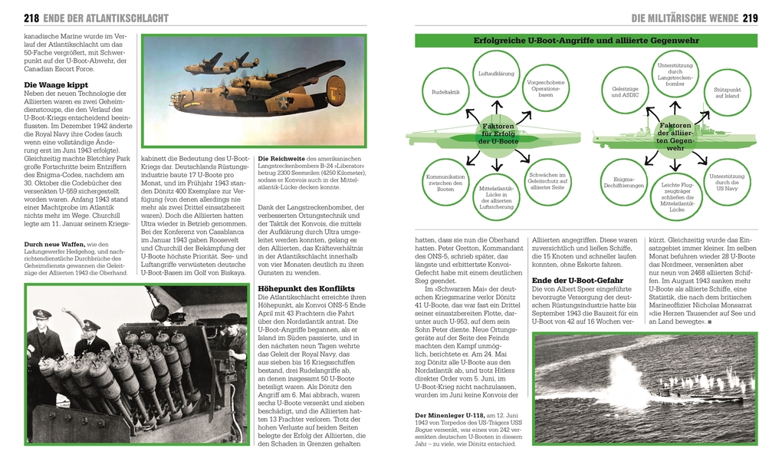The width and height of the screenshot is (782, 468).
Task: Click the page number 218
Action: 31,18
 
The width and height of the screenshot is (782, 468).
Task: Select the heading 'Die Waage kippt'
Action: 56,84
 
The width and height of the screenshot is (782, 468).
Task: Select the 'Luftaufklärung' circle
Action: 496,74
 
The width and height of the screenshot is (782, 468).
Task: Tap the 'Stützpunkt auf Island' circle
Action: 727,93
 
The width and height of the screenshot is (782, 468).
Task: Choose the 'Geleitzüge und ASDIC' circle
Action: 625,92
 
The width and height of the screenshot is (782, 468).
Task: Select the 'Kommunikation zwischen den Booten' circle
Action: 445,183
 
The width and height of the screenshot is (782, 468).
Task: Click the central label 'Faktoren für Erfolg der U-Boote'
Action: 498,133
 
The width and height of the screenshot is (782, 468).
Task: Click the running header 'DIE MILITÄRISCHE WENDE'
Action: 684,18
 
